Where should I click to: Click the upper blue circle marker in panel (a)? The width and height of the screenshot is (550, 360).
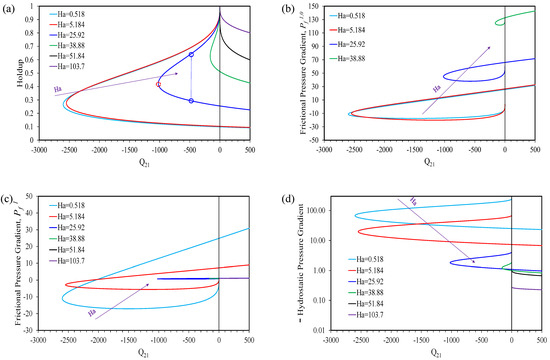[x=190, y=54]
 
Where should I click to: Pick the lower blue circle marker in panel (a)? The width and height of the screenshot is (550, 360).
[x=190, y=100]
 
